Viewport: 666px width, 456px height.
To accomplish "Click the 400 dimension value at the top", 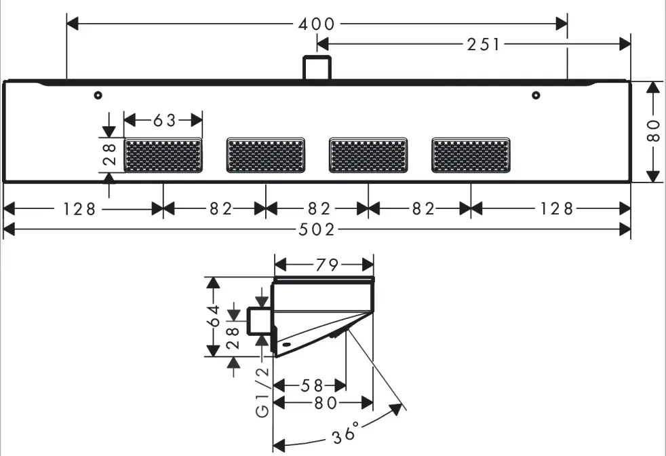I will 317,24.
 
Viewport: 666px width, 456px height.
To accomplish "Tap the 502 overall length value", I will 317,230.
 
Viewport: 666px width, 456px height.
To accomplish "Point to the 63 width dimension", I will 164,121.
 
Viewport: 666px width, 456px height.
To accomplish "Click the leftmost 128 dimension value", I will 80,209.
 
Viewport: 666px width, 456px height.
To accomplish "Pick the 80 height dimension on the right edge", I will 653,131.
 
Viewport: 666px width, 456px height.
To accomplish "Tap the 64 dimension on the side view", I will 214,317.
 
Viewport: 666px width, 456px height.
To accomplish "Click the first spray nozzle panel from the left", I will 163,155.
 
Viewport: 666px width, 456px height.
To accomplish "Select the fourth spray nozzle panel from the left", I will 471,155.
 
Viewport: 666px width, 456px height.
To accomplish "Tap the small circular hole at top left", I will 99,96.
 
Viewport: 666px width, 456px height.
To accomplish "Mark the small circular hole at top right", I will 536,96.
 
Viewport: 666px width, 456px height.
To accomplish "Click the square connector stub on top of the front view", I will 317,69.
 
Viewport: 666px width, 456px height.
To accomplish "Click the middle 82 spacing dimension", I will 317,209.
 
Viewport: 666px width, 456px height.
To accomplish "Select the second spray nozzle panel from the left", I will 265,155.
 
